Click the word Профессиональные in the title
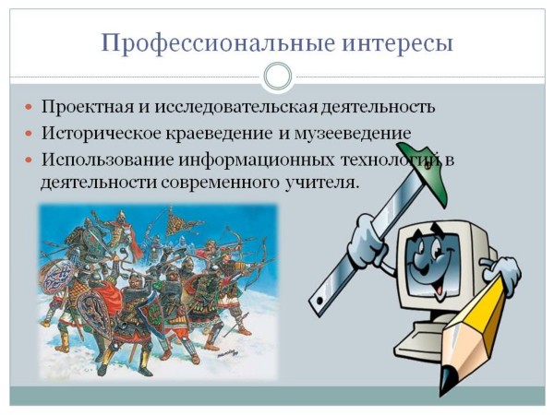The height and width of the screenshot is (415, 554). pos(218,43)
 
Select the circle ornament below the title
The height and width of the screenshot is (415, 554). pos(278,77)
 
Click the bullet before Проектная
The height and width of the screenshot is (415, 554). pos(29,107)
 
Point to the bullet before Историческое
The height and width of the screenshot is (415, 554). pos(29,134)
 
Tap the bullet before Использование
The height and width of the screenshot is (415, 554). pos(29,160)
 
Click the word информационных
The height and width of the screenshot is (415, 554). pos(256,160)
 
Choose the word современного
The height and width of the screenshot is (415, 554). pos(219,184)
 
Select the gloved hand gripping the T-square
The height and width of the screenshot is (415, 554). pos(367,240)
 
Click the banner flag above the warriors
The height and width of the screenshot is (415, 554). pos(179,223)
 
